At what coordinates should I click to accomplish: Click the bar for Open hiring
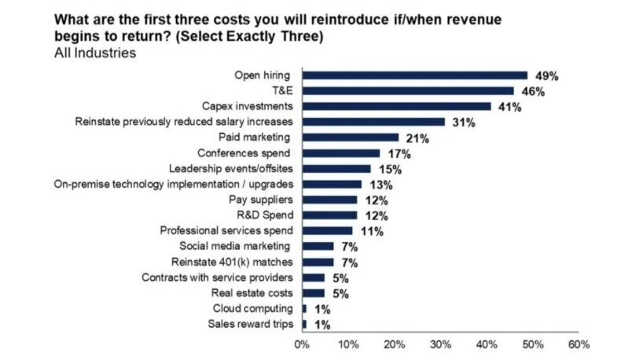415,75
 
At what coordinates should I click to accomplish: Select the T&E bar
408,91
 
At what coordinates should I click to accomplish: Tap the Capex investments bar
397,106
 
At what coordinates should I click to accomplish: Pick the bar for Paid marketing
351,138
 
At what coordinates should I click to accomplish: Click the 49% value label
546,76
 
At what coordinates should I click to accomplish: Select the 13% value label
380,185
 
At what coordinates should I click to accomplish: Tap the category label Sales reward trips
251,325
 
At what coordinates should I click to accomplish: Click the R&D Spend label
266,215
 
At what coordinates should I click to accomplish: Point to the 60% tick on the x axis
578,344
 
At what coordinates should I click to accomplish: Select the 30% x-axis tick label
440,344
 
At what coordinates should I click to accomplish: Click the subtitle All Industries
95,53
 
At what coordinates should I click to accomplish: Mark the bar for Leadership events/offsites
336,168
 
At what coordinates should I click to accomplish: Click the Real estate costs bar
314,293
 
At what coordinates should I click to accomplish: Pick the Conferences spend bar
341,153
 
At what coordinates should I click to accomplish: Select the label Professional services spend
226,231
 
